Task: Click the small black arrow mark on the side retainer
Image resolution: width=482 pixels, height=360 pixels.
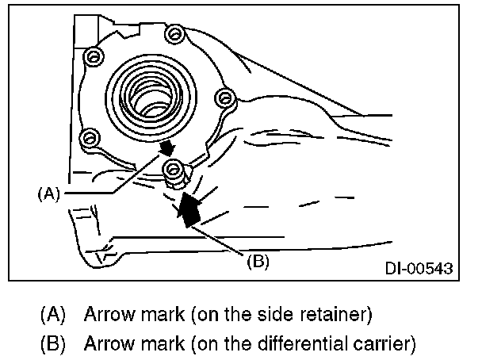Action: point(167,148)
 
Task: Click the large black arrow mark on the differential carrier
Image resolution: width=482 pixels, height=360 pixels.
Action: point(188,209)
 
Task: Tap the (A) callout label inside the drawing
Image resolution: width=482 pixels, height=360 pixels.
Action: point(49,193)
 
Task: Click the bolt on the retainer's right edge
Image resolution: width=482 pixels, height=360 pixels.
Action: point(226,98)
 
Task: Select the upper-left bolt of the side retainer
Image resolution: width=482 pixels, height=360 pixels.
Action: point(94,56)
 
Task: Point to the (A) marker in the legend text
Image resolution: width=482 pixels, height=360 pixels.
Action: point(52,314)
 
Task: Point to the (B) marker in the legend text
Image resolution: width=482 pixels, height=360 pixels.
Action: point(52,345)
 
